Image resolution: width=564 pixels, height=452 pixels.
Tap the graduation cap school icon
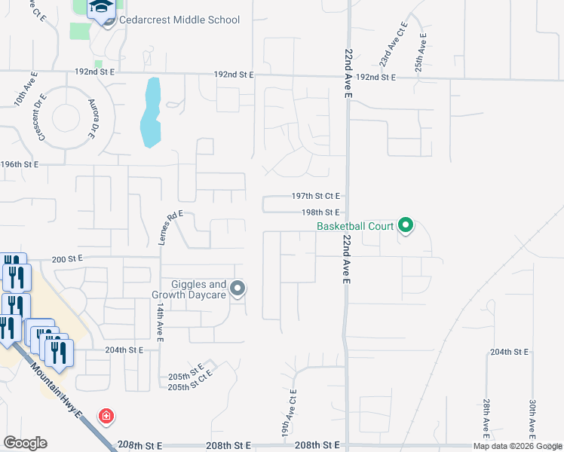[x=99, y=9]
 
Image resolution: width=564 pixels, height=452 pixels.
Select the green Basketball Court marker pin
[x=405, y=224]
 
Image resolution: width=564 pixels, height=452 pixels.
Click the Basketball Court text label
[x=355, y=225]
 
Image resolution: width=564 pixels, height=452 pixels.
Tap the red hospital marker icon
[x=107, y=416]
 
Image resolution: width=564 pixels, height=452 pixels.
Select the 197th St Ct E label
[x=317, y=195]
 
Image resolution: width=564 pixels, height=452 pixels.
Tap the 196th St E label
[x=19, y=163]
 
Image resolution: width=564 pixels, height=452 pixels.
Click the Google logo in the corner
[x=26, y=443]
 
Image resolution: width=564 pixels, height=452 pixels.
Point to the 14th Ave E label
[x=160, y=323]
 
